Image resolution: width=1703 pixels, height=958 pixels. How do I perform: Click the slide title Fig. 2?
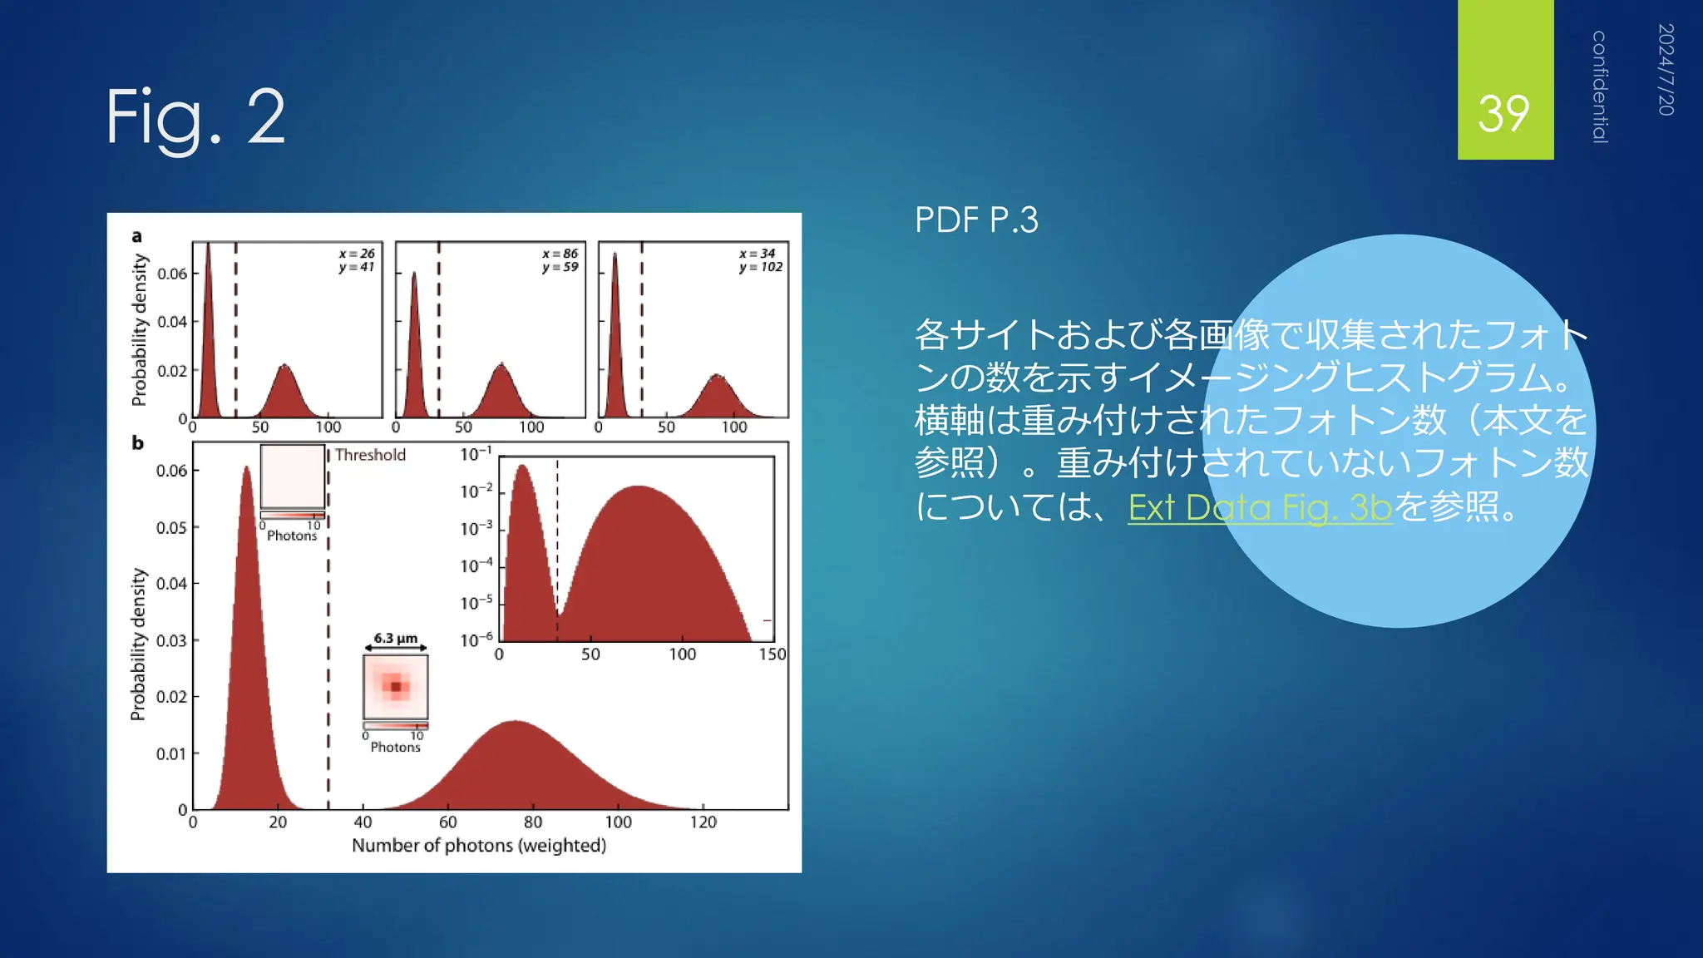pos(195,117)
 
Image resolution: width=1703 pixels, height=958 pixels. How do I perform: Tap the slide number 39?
pos(1503,114)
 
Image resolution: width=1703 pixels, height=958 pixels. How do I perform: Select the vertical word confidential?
pos(1599,87)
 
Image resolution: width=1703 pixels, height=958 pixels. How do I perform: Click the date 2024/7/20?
pos(1665,70)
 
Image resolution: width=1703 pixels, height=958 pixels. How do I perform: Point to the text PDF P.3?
pos(976,220)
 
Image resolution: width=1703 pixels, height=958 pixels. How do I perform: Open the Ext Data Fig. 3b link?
pos(1259,507)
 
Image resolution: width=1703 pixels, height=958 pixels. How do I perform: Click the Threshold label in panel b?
pos(370,455)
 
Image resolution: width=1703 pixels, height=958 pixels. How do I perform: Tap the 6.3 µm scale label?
pos(395,638)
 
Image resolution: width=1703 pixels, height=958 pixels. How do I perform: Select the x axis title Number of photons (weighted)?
pos(478,846)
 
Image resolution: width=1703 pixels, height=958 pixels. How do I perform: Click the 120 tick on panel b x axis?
pos(703,822)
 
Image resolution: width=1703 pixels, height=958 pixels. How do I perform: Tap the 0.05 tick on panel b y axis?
pos(171,528)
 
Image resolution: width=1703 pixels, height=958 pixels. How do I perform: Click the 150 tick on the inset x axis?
pos(772,654)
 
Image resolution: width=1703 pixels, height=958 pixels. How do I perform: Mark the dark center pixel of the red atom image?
pos(396,687)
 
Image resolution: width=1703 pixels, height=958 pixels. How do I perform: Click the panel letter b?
pos(137,443)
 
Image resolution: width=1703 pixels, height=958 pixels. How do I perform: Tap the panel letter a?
pos(136,236)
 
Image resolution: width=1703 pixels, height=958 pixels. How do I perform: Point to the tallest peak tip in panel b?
pos(246,468)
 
